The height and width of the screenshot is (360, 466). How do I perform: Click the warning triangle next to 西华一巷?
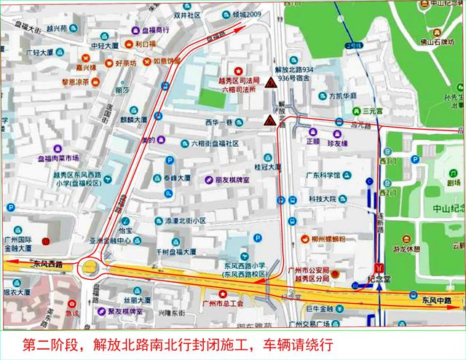tap(270, 121)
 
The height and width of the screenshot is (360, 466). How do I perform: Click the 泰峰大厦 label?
tap(177, 178)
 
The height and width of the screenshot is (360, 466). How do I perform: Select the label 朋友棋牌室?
tap(227, 179)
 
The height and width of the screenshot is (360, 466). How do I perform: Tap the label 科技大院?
tap(321, 198)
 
